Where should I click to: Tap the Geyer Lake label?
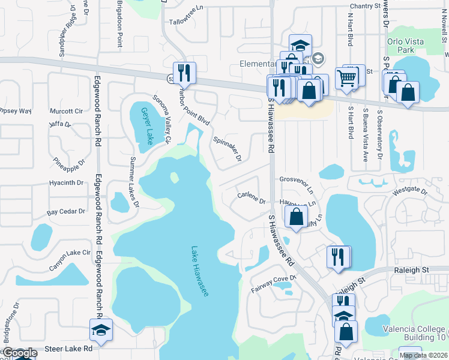click(x=146, y=125)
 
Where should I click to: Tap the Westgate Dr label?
click(x=409, y=192)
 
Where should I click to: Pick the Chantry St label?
click(x=366, y=6)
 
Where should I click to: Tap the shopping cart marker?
click(x=347, y=77)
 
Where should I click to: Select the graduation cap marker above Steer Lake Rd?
click(x=101, y=329)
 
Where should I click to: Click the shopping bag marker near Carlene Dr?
click(x=297, y=217)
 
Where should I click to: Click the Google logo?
click(x=20, y=353)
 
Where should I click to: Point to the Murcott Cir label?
click(x=66, y=111)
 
